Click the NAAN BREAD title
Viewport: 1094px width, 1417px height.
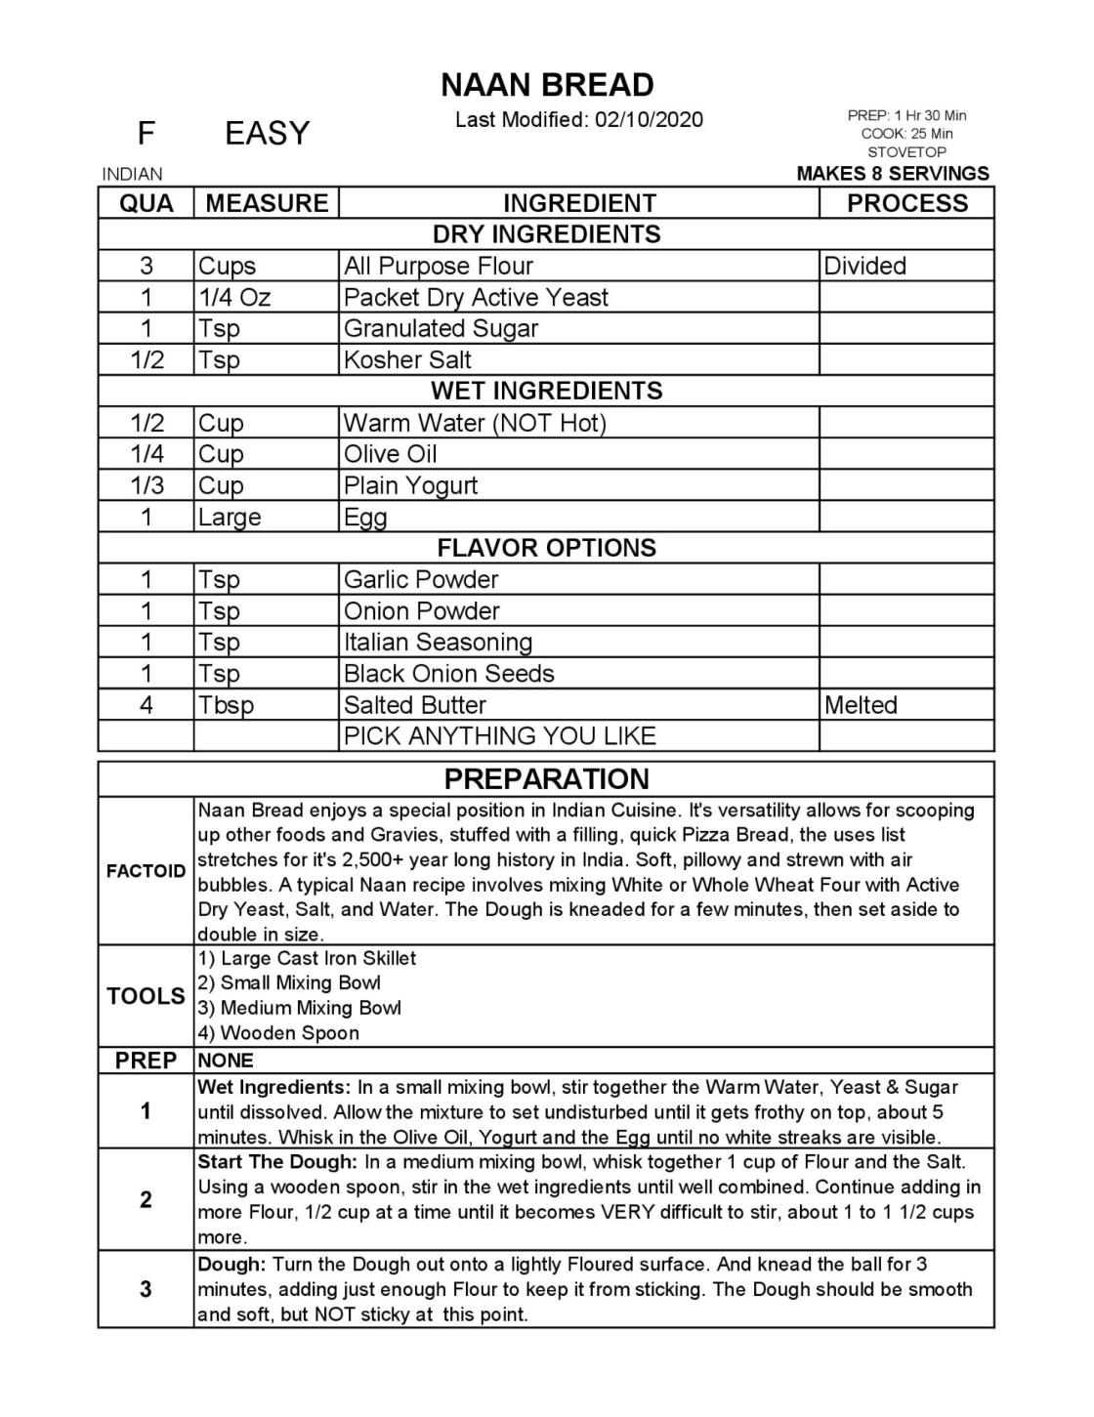coord(547,86)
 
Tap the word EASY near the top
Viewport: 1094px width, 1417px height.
coord(267,133)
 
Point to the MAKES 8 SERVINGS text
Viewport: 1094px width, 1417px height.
coord(893,174)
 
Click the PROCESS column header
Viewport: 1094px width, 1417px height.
coord(906,203)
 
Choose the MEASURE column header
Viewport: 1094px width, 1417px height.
coord(267,203)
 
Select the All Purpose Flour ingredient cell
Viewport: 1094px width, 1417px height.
coord(439,266)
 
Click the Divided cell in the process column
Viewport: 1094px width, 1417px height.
coord(864,266)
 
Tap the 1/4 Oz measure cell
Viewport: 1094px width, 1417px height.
coord(234,297)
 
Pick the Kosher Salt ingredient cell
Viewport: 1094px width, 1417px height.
coord(407,359)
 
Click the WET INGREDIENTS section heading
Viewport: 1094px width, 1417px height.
coord(547,391)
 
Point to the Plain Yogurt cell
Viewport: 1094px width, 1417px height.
coord(411,485)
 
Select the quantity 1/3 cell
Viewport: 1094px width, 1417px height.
coord(147,485)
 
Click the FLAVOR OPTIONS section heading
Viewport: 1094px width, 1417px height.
coord(547,548)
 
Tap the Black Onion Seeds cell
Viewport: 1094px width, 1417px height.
coord(448,674)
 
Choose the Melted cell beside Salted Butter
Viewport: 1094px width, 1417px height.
coord(861,705)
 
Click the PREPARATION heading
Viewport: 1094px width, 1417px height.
coord(547,779)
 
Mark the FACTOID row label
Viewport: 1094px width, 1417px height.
coord(147,872)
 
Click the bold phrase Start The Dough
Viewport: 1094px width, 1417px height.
coord(276,1162)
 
